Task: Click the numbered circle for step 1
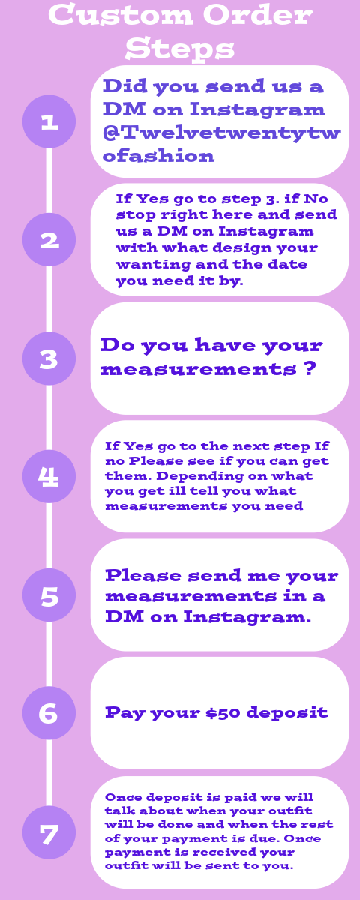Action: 49,121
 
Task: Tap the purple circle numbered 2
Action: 49,239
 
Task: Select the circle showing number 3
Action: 49,358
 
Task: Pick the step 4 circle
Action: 49,476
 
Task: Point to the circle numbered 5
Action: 49,595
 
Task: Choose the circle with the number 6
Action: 49,713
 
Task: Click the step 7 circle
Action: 49,832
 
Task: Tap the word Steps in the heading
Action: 179,49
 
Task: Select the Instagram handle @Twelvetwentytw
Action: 222,133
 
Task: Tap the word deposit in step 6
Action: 287,713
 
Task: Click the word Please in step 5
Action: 143,575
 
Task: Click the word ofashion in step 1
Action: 159,156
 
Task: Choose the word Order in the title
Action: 257,14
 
